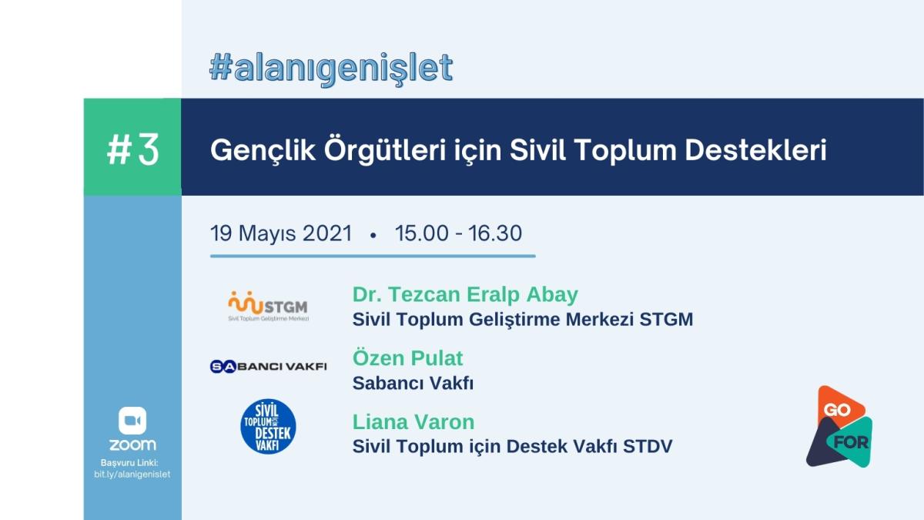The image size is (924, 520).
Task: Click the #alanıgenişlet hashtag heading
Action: coord(331,68)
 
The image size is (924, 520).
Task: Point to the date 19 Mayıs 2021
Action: coord(281,233)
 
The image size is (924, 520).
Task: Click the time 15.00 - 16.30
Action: coord(458,233)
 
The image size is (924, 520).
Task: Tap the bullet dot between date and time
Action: coord(373,235)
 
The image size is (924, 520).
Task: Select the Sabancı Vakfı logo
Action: coord(268,366)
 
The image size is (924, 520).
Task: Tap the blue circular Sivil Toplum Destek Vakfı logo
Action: coord(268,426)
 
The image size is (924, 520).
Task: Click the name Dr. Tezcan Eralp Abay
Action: coord(465,294)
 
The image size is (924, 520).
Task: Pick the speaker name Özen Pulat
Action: coord(407,357)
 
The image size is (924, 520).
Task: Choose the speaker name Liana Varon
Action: coord(413,422)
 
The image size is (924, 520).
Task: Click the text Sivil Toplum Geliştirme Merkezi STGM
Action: coord(523,320)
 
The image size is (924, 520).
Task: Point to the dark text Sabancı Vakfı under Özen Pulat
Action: coord(413,384)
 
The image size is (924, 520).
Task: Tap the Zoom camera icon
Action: coord(132,421)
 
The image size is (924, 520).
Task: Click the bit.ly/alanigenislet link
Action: coord(132,475)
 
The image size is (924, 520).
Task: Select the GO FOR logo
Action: coord(839,426)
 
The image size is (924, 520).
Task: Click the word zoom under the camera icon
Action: coord(132,445)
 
